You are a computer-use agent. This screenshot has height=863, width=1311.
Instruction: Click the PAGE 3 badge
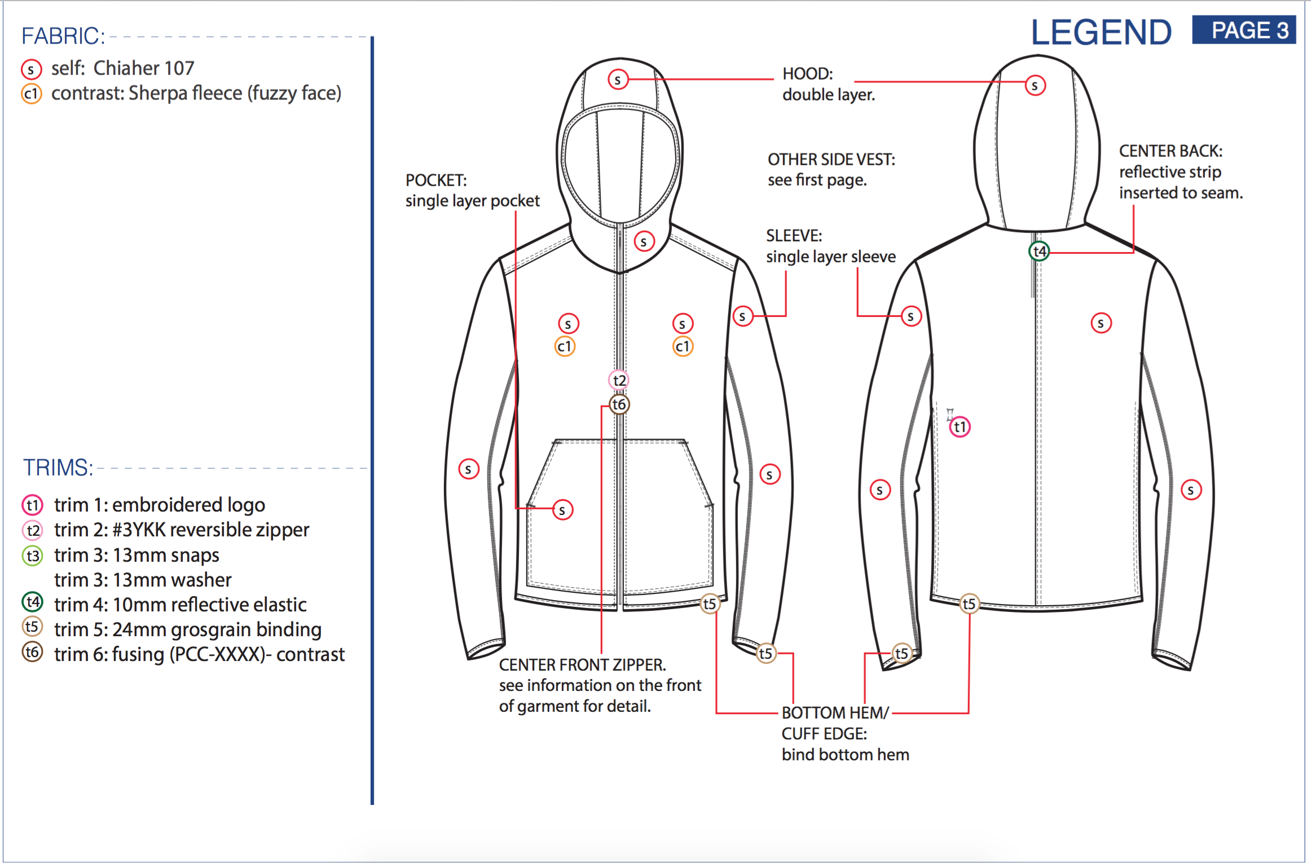(1243, 30)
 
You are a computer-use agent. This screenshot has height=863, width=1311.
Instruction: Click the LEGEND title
(1101, 33)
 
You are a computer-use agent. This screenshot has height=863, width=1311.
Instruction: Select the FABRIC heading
(63, 36)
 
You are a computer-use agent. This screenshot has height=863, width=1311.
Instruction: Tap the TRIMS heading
(58, 468)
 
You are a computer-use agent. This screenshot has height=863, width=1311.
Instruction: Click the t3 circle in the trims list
(32, 556)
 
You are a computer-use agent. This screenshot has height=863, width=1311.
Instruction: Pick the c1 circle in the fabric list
(32, 94)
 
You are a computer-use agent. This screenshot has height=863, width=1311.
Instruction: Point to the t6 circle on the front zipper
(619, 404)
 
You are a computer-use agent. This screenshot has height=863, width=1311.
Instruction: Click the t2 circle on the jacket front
(619, 380)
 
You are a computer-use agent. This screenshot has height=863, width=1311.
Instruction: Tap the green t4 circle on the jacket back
(1039, 251)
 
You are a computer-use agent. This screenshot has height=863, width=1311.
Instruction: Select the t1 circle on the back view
(960, 427)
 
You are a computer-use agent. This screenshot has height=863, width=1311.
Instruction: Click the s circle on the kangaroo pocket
(562, 510)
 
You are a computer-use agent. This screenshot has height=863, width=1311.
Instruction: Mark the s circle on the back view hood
(1035, 86)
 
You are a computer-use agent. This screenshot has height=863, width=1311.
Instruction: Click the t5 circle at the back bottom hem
(969, 604)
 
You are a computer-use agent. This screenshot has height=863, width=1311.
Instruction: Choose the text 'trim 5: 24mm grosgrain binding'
(188, 629)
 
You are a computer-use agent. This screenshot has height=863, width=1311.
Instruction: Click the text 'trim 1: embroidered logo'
(160, 505)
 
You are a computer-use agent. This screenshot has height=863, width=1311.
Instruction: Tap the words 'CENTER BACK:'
(1171, 151)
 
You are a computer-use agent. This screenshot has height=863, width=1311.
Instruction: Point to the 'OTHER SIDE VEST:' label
(831, 160)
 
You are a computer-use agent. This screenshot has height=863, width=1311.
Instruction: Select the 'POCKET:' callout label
(436, 180)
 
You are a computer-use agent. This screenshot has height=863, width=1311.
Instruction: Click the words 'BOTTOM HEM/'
(835, 713)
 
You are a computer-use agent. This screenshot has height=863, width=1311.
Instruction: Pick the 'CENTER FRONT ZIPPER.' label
(582, 665)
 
